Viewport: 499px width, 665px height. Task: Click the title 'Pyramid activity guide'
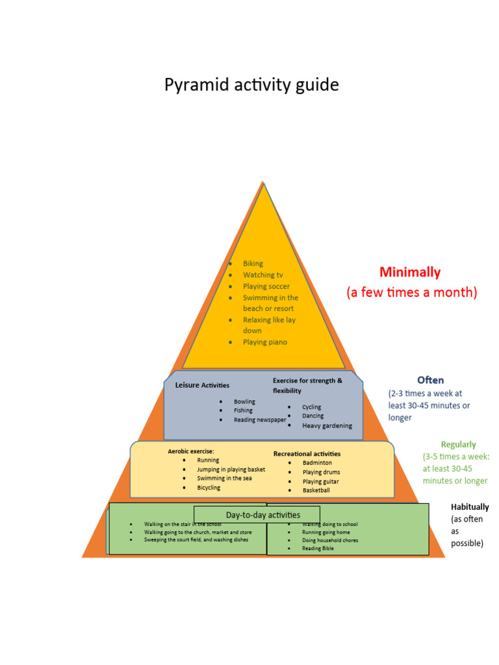(251, 85)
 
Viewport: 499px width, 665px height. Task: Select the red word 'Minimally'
(410, 272)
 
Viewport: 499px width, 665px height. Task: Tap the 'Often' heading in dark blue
(430, 380)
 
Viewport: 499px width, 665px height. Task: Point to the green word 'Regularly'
(458, 445)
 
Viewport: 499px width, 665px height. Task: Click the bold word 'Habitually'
(470, 507)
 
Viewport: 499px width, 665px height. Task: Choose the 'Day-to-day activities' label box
(262, 515)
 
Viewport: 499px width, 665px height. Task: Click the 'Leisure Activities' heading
(202, 385)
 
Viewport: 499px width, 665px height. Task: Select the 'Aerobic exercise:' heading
(191, 451)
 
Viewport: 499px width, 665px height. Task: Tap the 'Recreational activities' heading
(307, 453)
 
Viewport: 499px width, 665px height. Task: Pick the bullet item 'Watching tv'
(262, 275)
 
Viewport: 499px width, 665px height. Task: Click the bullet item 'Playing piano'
(264, 342)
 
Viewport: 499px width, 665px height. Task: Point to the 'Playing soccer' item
(266, 286)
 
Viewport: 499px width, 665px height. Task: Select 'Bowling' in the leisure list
(244, 402)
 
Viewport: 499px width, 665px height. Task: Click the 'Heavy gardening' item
(327, 426)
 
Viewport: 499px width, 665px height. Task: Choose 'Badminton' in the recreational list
(317, 463)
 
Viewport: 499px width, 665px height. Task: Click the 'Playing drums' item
(321, 472)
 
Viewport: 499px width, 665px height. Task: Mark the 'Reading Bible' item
(318, 548)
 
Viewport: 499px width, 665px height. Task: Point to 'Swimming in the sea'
(224, 479)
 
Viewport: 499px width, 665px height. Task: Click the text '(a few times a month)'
(411, 292)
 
